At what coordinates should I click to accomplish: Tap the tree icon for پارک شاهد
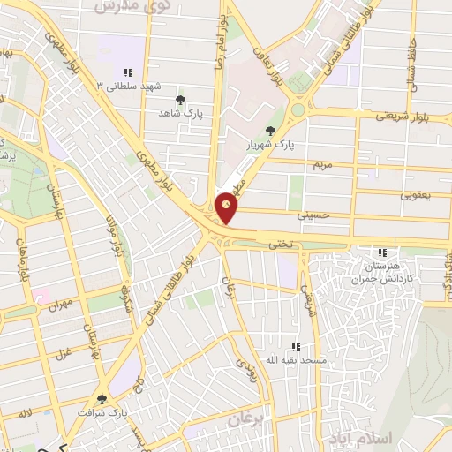pos(181,100)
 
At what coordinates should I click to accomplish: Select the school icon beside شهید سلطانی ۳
pos(128,72)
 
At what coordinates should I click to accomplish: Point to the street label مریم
pos(323,165)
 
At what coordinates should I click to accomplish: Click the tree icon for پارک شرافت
pos(104,398)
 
